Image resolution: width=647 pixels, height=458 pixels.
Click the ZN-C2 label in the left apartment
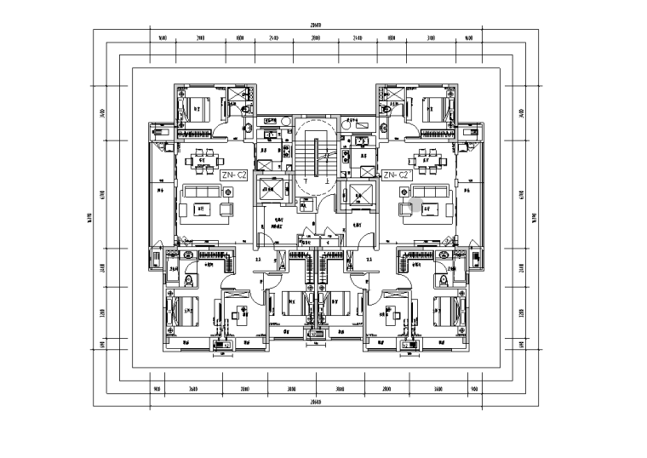[x=233, y=175]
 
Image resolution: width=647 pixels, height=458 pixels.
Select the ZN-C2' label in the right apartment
[x=398, y=175]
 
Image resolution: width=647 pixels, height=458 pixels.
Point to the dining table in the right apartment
[x=425, y=157]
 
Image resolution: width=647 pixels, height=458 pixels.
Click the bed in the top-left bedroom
[x=198, y=109]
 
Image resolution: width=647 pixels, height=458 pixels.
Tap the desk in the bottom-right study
[x=392, y=314]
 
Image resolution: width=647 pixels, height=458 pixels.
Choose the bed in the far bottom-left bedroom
[x=186, y=312]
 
